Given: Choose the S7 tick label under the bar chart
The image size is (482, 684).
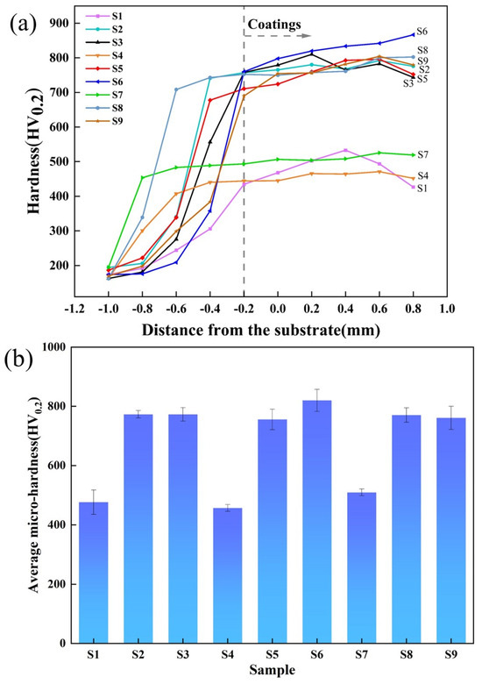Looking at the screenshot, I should click(x=362, y=654).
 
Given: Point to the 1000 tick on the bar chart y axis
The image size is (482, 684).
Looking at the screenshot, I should click(x=53, y=348).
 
